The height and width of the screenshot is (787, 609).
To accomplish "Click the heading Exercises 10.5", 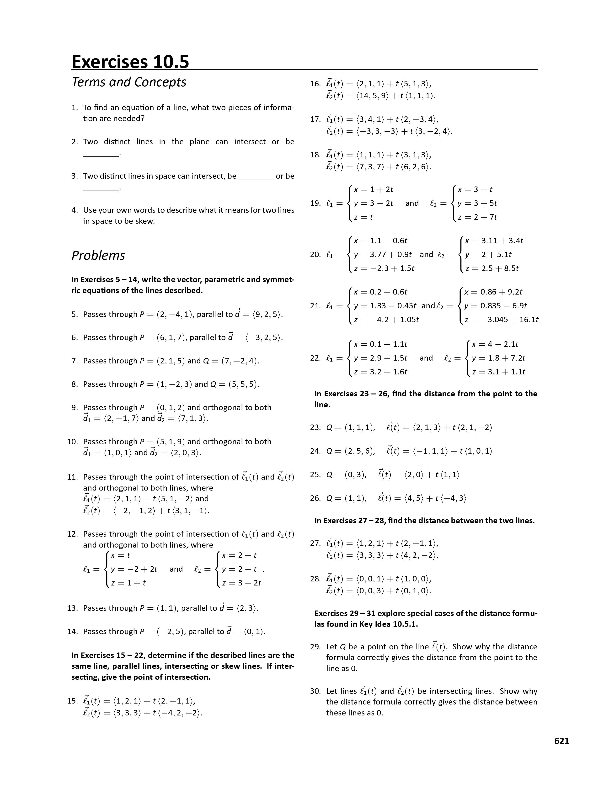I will click(x=130, y=61).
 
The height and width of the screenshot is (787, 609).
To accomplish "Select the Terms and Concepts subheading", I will click(x=129, y=82).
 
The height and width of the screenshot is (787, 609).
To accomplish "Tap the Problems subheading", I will click(x=98, y=255).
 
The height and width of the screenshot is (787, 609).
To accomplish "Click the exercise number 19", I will click(x=315, y=203).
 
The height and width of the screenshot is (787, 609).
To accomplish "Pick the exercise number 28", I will click(x=315, y=579).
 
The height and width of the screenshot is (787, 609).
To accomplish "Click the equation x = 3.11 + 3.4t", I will click(x=494, y=241).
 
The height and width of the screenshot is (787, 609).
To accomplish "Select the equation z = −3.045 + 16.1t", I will click(x=502, y=320).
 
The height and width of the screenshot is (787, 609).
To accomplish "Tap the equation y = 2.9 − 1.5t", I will click(x=380, y=358).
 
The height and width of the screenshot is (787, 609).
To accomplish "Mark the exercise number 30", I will click(x=315, y=691).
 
